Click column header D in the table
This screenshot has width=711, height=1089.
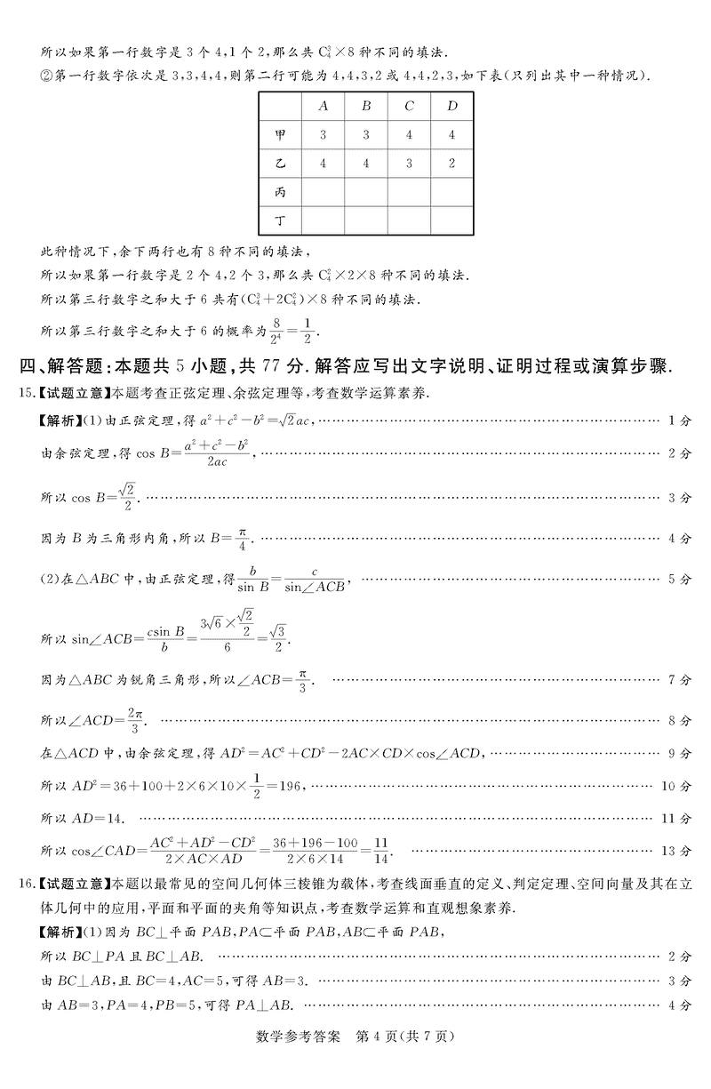pos(451,107)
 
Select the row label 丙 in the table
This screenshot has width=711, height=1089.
pos(281,191)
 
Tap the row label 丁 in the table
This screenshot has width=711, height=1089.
pos(281,220)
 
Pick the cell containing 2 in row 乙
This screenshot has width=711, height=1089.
pos(451,164)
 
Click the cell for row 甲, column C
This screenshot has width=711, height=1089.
pos(409,135)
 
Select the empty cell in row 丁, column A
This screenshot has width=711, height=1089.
pos(324,220)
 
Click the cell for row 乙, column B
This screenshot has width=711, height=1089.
pos(366,164)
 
